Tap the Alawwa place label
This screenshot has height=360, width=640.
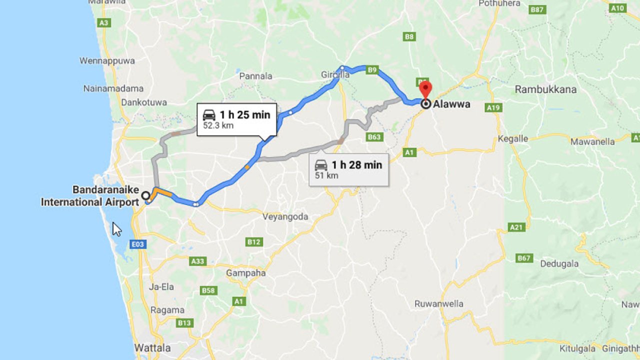[451, 104]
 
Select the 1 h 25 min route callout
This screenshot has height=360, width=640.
[236, 119]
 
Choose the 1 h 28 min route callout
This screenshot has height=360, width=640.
[348, 169]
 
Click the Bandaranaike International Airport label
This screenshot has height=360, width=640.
[89, 196]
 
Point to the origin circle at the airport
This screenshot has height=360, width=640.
[145, 195]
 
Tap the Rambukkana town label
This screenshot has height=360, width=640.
[545, 89]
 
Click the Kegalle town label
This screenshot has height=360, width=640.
[512, 139]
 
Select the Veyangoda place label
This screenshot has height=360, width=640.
[285, 217]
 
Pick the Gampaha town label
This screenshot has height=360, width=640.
[246, 273]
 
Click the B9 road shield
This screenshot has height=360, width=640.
[371, 70]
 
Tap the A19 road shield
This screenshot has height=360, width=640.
[493, 107]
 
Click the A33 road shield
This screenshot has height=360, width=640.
[198, 261]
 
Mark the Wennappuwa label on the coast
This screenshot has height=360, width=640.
[107, 61]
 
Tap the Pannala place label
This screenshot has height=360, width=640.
[255, 76]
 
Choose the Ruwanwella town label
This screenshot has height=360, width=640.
[439, 303]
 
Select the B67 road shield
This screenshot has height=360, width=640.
[524, 258]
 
